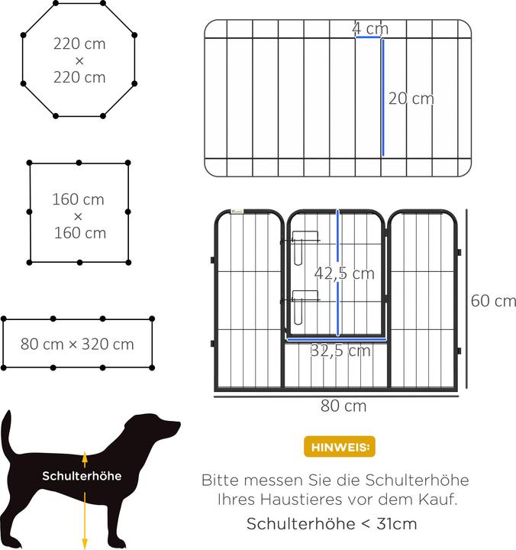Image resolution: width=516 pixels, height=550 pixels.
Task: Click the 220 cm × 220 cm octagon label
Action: (x=79, y=60)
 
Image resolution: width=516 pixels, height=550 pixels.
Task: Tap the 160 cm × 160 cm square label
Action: (x=79, y=216)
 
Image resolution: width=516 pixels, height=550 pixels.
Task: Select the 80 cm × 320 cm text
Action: (x=77, y=344)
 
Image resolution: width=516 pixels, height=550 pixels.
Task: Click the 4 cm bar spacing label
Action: (x=370, y=28)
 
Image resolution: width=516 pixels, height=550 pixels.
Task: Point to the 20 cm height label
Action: (x=411, y=99)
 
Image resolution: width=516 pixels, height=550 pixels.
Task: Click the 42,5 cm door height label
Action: (x=345, y=273)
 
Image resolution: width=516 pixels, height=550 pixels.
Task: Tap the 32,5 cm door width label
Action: (x=340, y=351)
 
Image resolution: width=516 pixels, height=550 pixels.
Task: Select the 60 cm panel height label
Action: (x=493, y=300)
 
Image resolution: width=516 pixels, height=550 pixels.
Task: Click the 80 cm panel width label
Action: (x=343, y=406)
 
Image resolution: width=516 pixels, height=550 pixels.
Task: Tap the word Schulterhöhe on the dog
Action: (x=82, y=476)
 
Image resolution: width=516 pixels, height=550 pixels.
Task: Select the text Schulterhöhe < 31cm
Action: (x=332, y=524)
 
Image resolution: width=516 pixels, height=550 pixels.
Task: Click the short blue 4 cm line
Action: (x=367, y=37)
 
